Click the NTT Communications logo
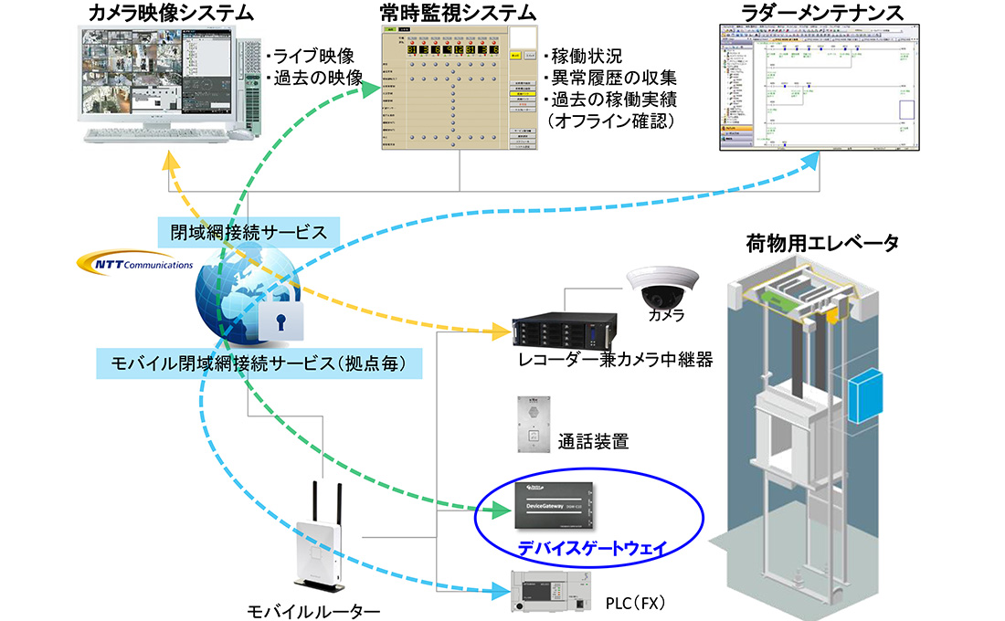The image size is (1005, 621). pos(136,265)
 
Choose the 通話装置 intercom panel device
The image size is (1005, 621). pos(531,425)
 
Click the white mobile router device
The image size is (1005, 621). pos(318,546)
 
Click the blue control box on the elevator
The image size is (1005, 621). pos(870,395)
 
